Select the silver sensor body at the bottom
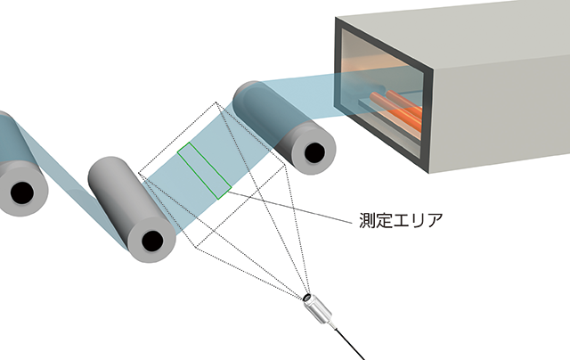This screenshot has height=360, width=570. [x=319, y=311]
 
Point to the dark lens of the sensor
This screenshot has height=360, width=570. [x=307, y=298]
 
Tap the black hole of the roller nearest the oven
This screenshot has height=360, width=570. [x=314, y=153]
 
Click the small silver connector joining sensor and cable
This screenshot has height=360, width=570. [x=333, y=326]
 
